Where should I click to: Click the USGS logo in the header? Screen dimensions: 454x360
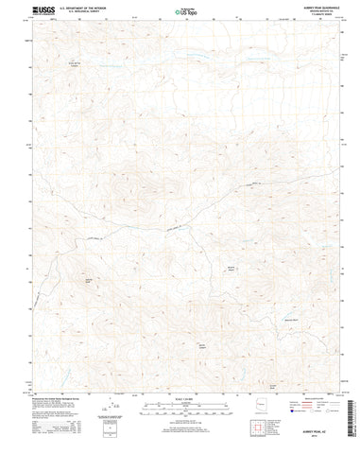(x=20, y=12)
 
